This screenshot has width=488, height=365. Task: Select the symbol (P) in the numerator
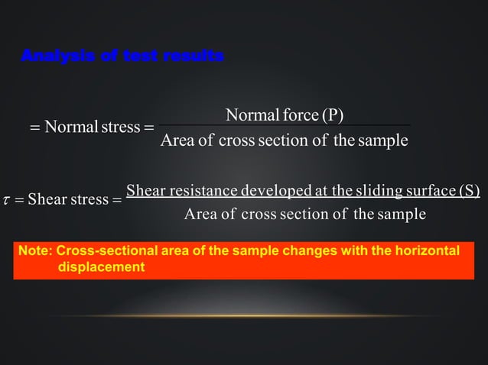pyautogui.click(x=332, y=115)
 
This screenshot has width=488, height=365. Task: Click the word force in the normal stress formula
pyautogui.click(x=298, y=115)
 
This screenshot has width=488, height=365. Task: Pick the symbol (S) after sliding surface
pyautogui.click(x=467, y=190)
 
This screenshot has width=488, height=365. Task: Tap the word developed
pyautogui.click(x=275, y=190)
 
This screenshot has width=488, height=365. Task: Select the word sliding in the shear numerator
pyautogui.click(x=369, y=190)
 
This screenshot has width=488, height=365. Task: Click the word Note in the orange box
pyautogui.click(x=34, y=251)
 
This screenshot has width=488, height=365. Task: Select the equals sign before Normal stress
pyautogui.click(x=34, y=127)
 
